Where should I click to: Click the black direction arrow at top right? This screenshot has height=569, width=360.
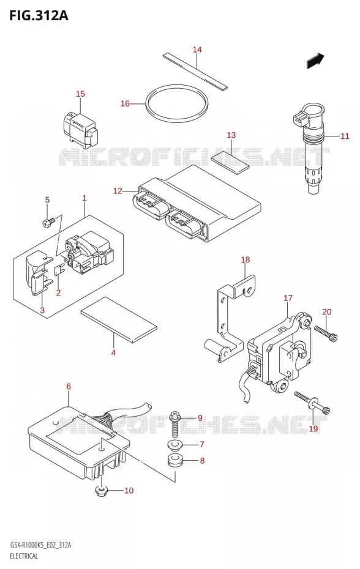[315, 61]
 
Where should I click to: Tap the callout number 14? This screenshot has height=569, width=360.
[197, 50]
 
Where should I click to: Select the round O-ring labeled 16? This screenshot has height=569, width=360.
[177, 104]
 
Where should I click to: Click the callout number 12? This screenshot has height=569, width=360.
[118, 190]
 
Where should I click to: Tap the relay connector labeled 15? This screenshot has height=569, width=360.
[80, 130]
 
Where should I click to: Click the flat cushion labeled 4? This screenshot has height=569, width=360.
[119, 320]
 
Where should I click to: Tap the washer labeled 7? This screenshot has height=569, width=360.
[176, 444]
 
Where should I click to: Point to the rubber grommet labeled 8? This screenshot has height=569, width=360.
[176, 461]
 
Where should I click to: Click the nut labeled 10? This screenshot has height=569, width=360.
[101, 491]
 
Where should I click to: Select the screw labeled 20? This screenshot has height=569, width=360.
[326, 333]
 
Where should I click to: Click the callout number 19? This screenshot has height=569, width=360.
[313, 428]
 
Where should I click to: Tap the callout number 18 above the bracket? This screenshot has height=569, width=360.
[246, 259]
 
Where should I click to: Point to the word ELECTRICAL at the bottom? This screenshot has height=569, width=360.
[24, 556]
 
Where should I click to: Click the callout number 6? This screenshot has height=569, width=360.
[69, 387]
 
